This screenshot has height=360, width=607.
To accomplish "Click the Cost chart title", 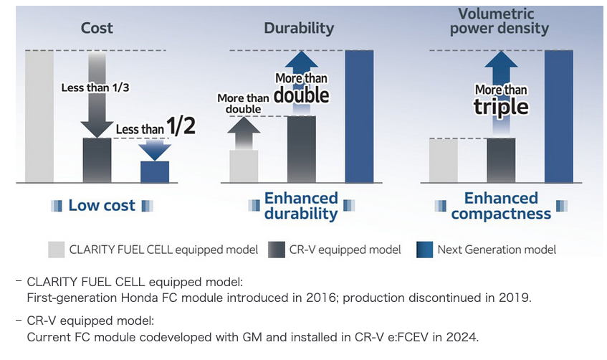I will point(97,29).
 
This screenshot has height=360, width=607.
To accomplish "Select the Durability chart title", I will point(299,29).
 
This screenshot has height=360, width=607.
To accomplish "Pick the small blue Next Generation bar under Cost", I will point(154,171).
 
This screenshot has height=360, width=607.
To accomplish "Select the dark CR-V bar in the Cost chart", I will point(97,160).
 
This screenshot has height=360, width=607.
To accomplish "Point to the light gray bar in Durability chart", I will point(244,166).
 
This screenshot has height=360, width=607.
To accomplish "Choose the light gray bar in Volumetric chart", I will point(444,160).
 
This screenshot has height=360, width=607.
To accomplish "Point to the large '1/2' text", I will point(181,127).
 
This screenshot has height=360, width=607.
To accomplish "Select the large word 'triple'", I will point(501,107).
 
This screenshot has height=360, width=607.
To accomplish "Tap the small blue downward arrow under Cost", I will point(154,149).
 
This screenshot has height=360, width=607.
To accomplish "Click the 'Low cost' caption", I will point(102,206).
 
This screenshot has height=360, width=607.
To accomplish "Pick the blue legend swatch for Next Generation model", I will point(425,249).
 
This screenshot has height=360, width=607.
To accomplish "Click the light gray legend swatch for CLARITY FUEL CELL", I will point(57,249).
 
